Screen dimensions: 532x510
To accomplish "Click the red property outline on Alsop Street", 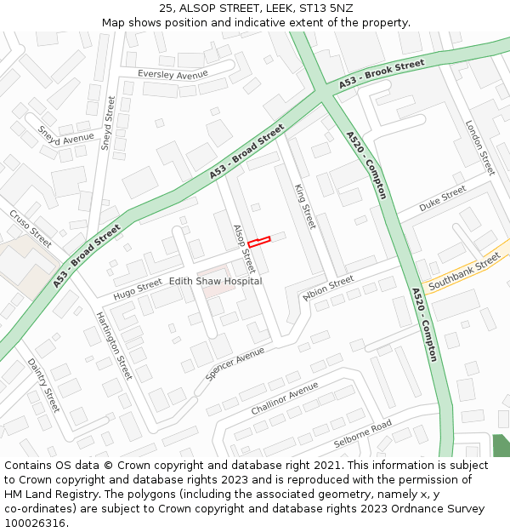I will tap(258, 242).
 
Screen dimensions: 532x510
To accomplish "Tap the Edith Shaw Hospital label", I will tap(215, 281).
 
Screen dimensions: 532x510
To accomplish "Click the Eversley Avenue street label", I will tap(173, 75).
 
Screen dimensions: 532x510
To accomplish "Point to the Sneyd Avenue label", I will tap(66, 139).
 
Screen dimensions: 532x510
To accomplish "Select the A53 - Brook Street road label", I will tap(382, 75).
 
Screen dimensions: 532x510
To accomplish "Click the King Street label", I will tap(304, 207).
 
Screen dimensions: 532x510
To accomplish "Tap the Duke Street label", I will tap(443, 198).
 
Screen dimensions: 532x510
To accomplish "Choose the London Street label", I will tap(479, 147).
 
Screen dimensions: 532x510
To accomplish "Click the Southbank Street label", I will tap(464, 274).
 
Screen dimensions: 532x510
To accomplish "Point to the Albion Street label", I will tap(328, 288).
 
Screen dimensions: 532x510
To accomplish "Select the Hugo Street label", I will tap(137, 289).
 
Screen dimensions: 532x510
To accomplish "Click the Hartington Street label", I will tap(114, 344).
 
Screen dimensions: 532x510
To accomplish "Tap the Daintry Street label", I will tap(43, 385).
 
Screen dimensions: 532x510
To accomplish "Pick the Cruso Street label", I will tap(31, 224).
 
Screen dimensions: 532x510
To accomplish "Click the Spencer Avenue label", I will tap(235, 363).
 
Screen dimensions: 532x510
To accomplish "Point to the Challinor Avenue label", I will tap(284, 398).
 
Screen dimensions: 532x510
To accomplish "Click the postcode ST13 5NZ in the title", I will tap(324, 9).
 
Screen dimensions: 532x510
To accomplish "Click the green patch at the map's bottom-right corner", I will tap(501, 445).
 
